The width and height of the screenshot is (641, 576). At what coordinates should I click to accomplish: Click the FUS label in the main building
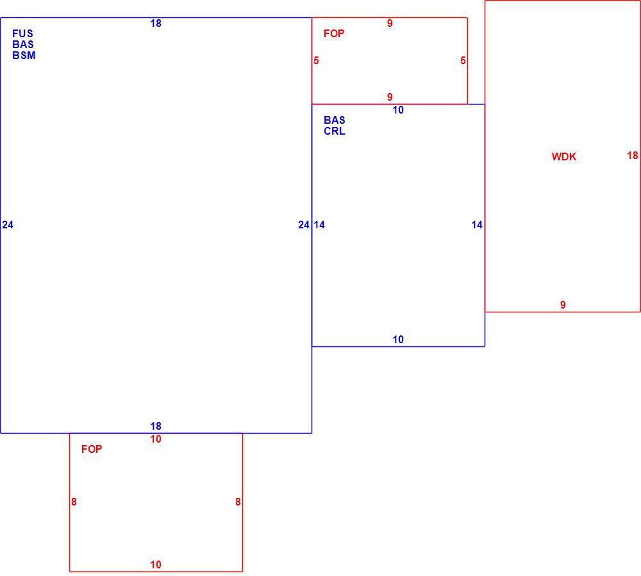22,33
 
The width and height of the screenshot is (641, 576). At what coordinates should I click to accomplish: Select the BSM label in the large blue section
24,55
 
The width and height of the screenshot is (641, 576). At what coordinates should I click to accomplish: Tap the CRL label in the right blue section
335,131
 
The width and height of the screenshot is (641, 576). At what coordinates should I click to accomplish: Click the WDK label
563,157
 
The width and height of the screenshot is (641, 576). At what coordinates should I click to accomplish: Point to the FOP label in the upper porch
334,33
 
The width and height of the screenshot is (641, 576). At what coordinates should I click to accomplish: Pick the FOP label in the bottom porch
92,449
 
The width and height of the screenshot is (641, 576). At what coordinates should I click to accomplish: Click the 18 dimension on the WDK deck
633,155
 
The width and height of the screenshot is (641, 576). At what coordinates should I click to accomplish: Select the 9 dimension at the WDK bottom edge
563,305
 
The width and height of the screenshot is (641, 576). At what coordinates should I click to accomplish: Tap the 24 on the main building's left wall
8,224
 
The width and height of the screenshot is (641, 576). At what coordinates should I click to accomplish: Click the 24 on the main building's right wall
304,224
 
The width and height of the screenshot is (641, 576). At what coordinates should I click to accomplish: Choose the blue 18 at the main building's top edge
156,23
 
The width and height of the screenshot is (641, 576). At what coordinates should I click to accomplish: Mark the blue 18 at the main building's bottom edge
156,426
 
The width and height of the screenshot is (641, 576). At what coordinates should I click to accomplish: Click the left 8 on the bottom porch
74,502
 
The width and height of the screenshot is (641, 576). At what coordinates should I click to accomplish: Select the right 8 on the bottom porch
238,502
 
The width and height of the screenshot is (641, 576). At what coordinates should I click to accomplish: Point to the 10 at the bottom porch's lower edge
156,564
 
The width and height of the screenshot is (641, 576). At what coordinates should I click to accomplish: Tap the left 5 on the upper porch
316,60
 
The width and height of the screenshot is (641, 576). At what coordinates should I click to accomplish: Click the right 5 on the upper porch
463,60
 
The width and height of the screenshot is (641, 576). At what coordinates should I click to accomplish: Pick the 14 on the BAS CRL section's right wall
477,224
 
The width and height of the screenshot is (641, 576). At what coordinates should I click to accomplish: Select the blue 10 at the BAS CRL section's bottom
398,339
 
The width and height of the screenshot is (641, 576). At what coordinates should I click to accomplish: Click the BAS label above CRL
335,121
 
